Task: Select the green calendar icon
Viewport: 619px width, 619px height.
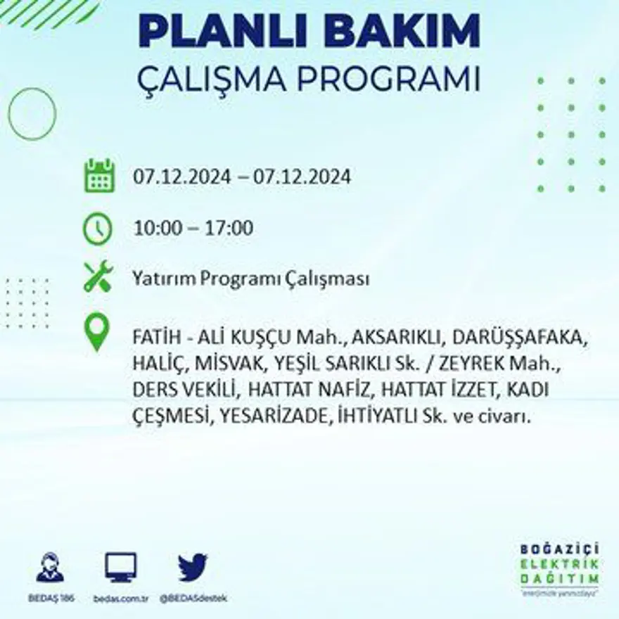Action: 99,176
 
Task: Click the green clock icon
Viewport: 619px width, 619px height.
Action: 98,229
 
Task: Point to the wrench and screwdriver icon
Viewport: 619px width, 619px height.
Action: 98,276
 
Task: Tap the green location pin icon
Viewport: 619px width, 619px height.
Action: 97,333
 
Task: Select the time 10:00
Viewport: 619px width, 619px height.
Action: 157,229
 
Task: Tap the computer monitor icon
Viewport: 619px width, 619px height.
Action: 120,567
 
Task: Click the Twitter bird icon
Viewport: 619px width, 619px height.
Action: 192,567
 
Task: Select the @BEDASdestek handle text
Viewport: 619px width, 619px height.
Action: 193,598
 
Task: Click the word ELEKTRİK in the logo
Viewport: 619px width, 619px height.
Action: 560,563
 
